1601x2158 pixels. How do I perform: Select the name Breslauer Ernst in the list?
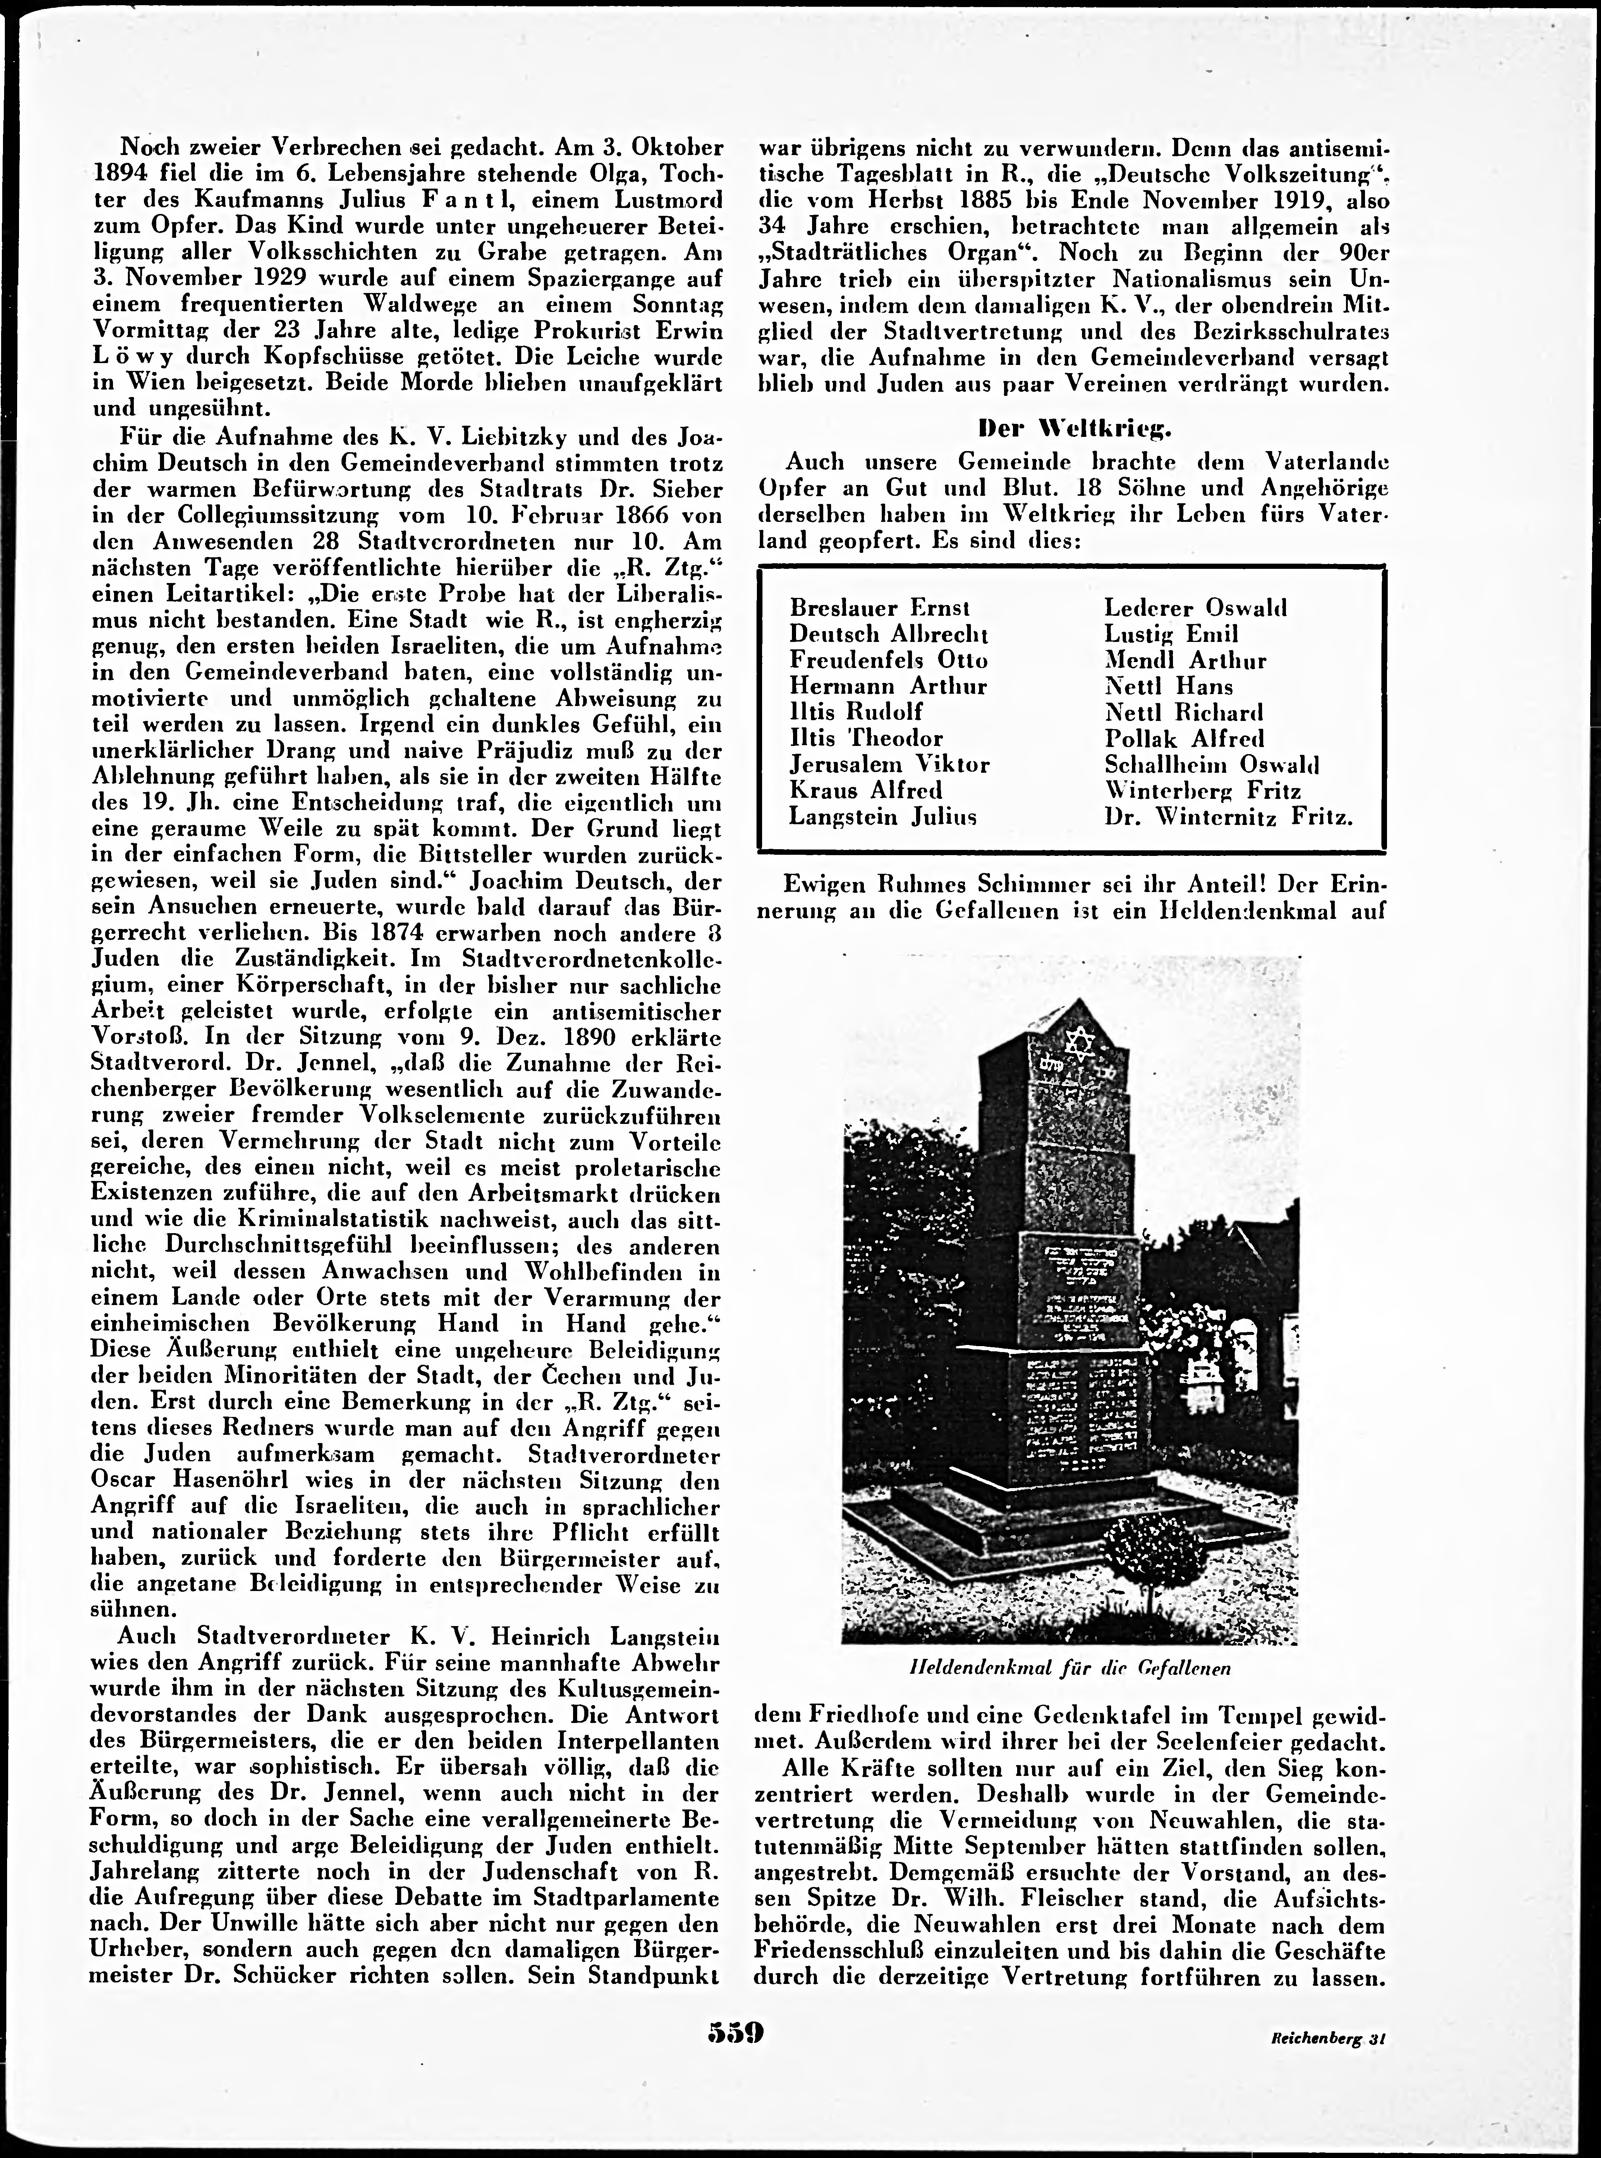click(x=879, y=608)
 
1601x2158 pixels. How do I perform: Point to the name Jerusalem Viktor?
click(x=889, y=763)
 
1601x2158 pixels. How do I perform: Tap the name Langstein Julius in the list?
click(x=882, y=816)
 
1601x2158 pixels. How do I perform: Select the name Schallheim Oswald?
click(x=1211, y=763)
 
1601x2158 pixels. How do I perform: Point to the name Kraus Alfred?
click(x=865, y=790)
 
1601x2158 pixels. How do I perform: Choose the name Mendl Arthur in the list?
click(x=1184, y=660)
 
